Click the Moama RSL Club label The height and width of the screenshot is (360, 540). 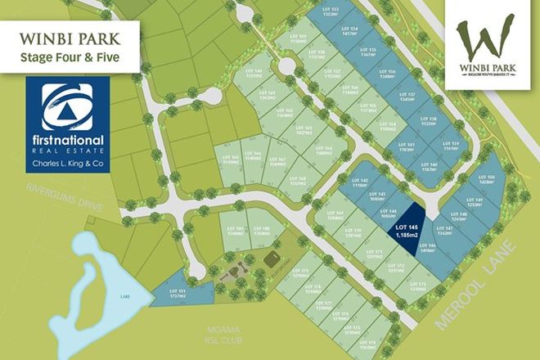[x=218, y=337]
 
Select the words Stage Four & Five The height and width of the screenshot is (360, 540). [x=70, y=56]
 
